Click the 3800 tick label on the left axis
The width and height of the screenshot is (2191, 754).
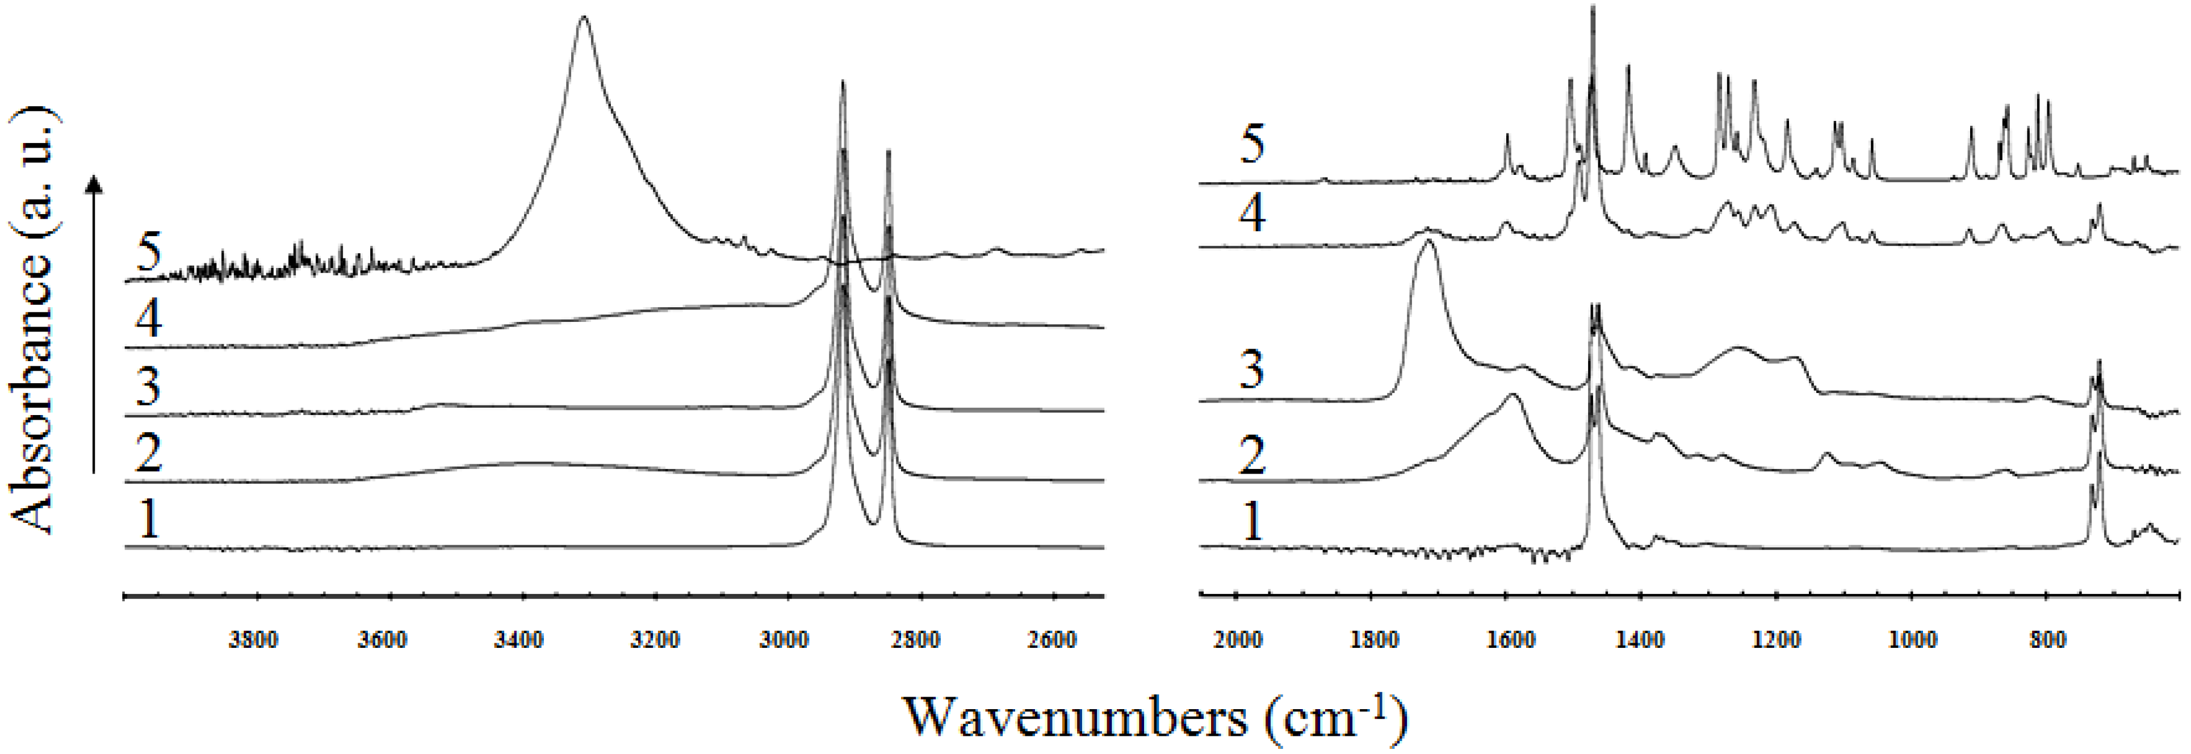(x=253, y=640)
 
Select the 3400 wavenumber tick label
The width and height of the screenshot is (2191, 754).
(x=519, y=640)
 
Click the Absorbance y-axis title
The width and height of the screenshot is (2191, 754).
(x=34, y=319)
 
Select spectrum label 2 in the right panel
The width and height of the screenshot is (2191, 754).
(x=1252, y=455)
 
